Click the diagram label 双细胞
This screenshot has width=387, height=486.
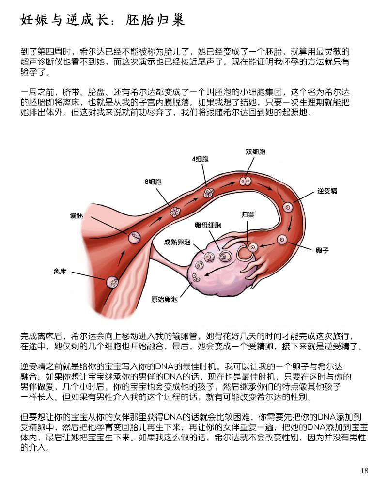coord(255,152)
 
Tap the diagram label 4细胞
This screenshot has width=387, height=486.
coord(201,159)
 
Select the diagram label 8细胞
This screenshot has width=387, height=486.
coord(153,182)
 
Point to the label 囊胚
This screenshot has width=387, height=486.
coord(76,215)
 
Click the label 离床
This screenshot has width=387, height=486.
coord(60,272)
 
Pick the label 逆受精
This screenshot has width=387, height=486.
coord(327,191)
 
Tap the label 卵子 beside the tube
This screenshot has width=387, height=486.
coord(322,250)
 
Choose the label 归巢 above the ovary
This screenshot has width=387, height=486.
coord(248,214)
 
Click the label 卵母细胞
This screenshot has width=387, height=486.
coord(208,225)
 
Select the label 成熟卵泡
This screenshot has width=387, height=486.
coord(177,242)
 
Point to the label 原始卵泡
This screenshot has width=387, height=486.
coord(164,299)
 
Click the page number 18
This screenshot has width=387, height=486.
coord(364,471)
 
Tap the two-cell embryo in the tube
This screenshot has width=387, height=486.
coord(245,181)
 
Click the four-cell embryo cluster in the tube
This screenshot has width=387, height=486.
coord(208,193)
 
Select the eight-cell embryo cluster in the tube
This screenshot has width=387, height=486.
coord(175,212)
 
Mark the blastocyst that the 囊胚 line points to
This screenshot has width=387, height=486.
coord(134,238)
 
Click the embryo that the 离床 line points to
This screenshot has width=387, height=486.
coord(112,282)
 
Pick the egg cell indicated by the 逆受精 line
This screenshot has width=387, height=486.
coord(288,207)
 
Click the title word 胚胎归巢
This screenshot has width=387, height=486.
coord(155,19)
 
